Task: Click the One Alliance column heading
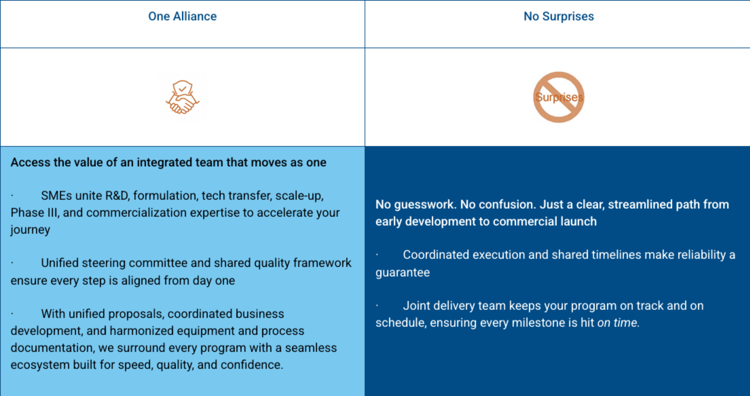(x=182, y=16)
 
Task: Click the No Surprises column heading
(x=559, y=16)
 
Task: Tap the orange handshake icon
(x=182, y=97)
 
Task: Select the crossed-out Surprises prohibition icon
(x=559, y=97)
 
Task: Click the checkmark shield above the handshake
(x=182, y=88)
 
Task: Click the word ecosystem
(x=40, y=365)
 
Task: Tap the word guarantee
(x=403, y=273)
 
